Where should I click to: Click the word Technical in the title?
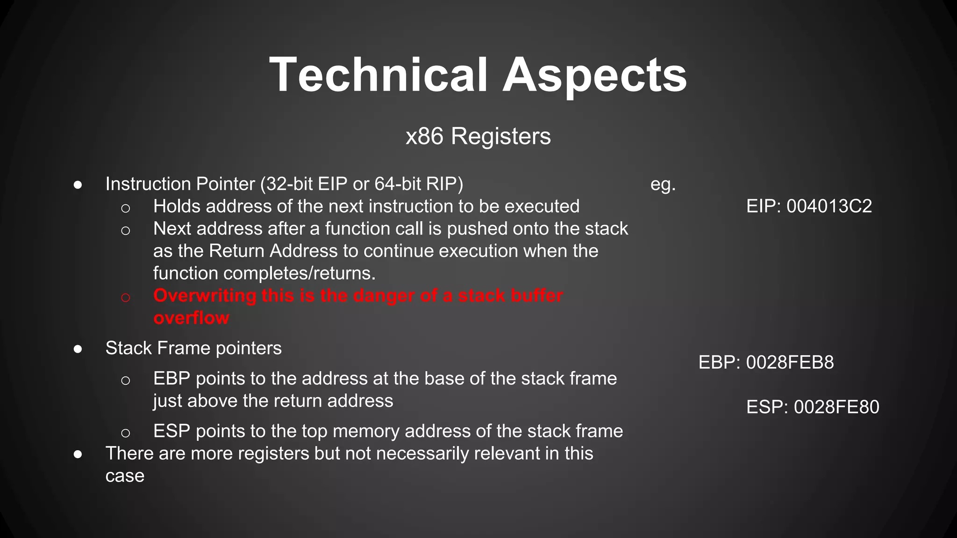[379, 75]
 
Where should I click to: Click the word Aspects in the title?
[594, 75]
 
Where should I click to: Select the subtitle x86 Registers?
[478, 136]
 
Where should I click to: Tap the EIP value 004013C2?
[829, 206]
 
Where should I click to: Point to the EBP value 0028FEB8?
[790, 362]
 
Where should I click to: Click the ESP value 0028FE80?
[836, 407]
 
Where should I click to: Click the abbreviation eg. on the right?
[663, 184]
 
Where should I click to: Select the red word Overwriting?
[205, 296]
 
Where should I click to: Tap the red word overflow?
[191, 318]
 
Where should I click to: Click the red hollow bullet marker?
[125, 297]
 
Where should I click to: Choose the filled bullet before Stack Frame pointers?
[78, 349]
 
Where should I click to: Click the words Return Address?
[273, 251]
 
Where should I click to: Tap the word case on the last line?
[125, 476]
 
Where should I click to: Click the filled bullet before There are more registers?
[78, 454]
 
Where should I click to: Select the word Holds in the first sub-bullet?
[176, 206]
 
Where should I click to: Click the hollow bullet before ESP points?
[125, 433]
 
